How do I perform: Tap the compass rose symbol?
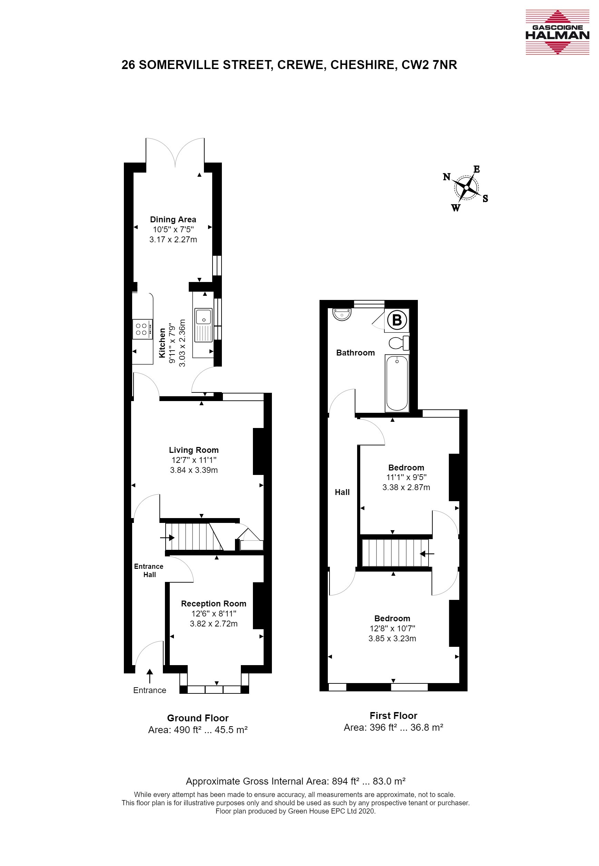coord(467,187)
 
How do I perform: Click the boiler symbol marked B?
coord(397,320)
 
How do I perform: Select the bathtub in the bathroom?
coord(397,383)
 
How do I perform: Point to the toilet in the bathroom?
coord(399,343)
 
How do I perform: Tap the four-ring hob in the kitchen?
coord(142,329)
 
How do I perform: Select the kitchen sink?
coord(204,325)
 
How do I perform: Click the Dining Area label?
coord(173,220)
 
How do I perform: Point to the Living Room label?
coord(194,450)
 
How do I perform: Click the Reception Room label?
coord(214,604)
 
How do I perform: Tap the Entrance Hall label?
coord(149,571)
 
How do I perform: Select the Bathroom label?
coord(355,352)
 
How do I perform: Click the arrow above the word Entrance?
coord(150,676)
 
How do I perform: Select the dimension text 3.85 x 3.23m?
coord(392,639)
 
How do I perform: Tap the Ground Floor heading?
coord(198,718)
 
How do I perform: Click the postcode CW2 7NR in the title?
coord(429,65)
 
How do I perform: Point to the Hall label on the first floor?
coord(342,492)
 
